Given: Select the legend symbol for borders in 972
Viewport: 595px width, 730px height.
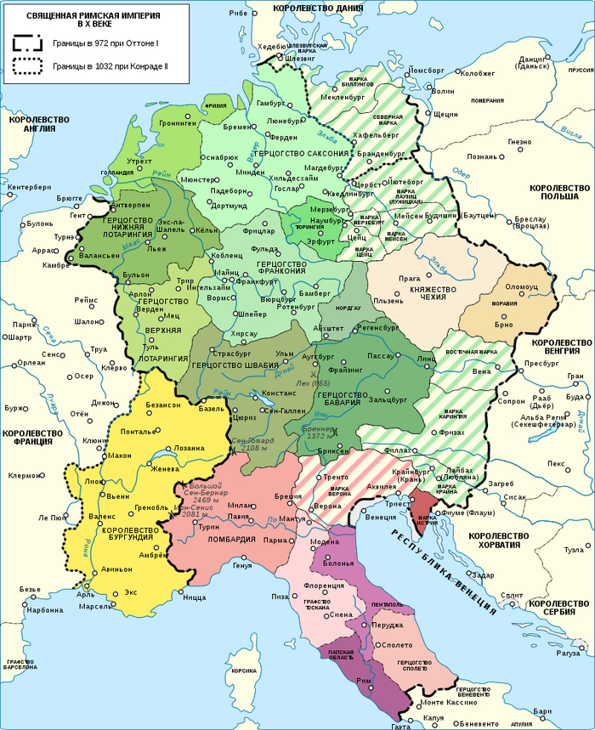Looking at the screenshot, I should [27, 43].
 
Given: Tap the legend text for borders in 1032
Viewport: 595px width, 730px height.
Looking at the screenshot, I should [106, 65].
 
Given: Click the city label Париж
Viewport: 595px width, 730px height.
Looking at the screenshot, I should [19, 324].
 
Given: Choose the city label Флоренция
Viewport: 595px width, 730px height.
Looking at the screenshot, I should [314, 586].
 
